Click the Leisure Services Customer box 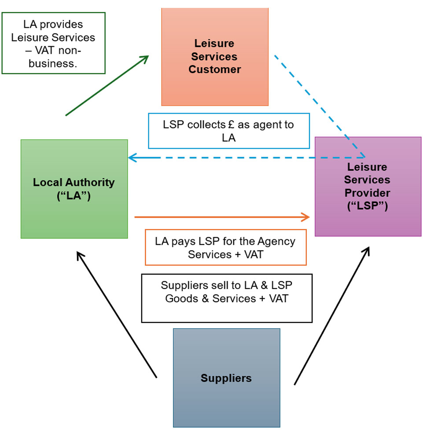pyautogui.click(x=215, y=56)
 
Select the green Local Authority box pyautogui.click(x=74, y=189)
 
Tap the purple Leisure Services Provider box pyautogui.click(x=368, y=186)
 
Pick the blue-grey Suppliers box pyautogui.click(x=226, y=378)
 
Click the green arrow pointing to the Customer pyautogui.click(x=107, y=85)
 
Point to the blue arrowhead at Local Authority pyautogui.click(x=132, y=158)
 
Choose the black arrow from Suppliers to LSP pyautogui.click(x=332, y=315)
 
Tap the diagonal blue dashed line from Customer pyautogui.click(x=319, y=106)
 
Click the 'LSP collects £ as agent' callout pyautogui.click(x=229, y=131)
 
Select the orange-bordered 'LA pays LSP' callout pyautogui.click(x=225, y=247)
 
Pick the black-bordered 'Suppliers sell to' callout pyautogui.click(x=227, y=298)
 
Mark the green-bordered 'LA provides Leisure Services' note pyautogui.click(x=53, y=43)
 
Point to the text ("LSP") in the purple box pyautogui.click(x=367, y=205)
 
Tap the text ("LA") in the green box pyautogui.click(x=74, y=196)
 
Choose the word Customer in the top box pyautogui.click(x=215, y=70)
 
